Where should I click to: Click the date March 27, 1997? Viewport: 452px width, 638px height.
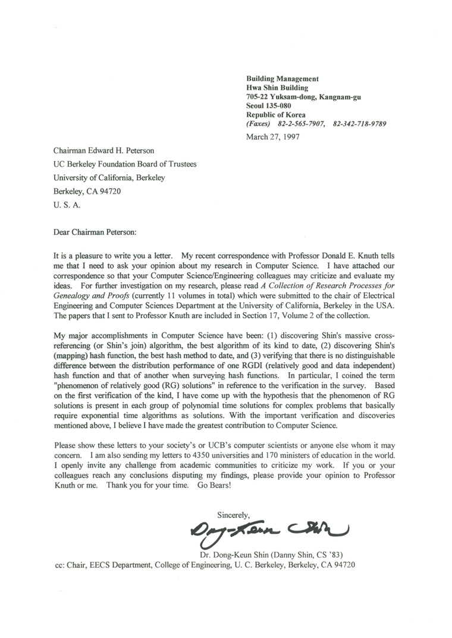[x=272, y=136]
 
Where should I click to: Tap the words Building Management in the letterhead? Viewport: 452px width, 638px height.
[x=282, y=78]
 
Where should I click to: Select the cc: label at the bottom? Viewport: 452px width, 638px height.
[x=60, y=565]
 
